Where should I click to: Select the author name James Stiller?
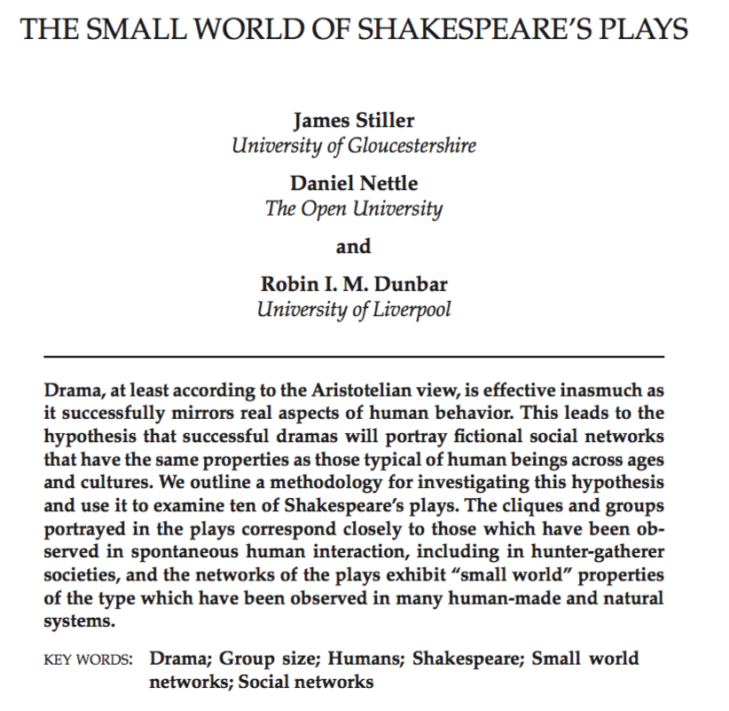tap(353, 122)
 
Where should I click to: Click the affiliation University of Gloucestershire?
tap(353, 146)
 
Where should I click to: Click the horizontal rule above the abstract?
tap(353, 356)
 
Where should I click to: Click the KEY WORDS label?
tap(87, 662)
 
